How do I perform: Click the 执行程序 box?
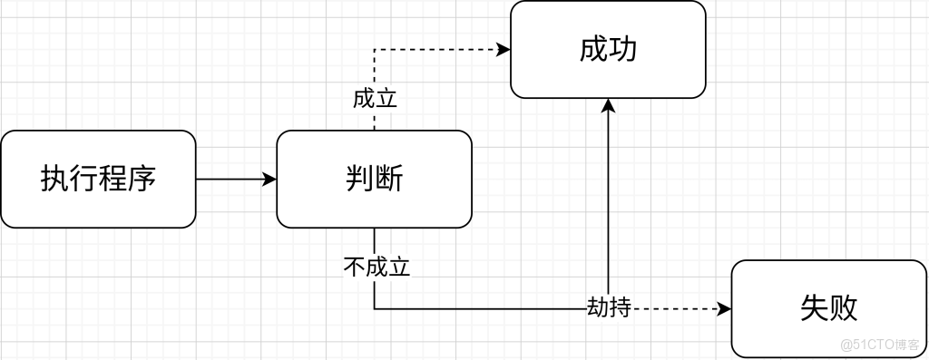(x=98, y=179)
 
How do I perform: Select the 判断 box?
(x=374, y=179)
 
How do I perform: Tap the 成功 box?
(x=608, y=50)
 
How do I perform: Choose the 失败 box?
(x=828, y=308)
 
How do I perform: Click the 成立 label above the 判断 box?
(x=375, y=98)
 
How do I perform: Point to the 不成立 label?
(x=376, y=268)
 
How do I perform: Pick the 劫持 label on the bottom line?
(x=608, y=308)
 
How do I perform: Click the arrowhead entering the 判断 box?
(x=269, y=179)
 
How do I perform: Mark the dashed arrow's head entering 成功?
(x=504, y=51)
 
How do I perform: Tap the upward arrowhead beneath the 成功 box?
(x=608, y=105)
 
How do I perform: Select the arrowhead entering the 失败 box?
(x=725, y=308)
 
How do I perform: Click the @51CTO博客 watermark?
(x=879, y=345)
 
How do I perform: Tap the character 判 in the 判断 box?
(x=359, y=179)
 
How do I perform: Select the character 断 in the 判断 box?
(x=388, y=179)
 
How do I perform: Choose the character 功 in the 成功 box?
(x=623, y=50)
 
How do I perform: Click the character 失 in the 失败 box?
(x=814, y=308)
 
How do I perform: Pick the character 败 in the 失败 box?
(x=843, y=308)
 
